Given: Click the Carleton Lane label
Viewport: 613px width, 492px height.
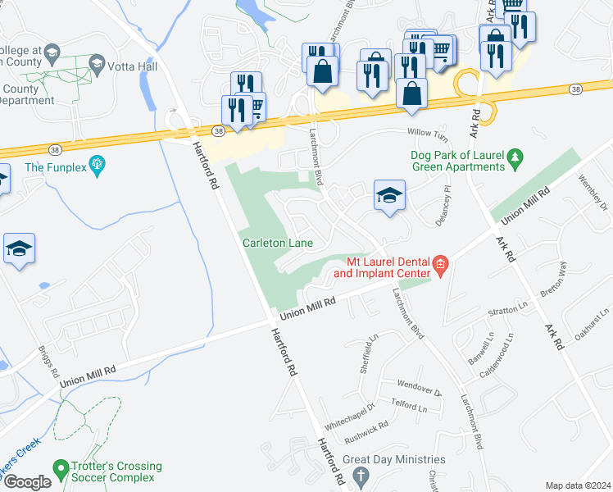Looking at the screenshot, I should tap(278, 243).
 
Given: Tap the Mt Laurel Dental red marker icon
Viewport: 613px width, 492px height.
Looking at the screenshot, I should tap(440, 265).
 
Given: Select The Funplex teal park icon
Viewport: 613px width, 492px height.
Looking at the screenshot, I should tap(99, 167).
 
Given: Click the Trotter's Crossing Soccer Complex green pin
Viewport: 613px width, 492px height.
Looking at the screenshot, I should tap(60, 471).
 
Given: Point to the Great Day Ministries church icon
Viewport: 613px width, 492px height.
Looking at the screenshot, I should tap(359, 476).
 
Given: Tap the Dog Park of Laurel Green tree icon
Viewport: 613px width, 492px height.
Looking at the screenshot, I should tap(515, 156).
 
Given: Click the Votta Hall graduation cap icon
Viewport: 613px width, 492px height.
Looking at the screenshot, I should tap(97, 63).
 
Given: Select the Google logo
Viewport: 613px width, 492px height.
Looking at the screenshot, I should tap(27, 482).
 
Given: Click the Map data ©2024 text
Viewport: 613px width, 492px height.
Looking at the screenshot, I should tap(578, 485).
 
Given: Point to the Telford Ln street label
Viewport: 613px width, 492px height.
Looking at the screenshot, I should tap(410, 407).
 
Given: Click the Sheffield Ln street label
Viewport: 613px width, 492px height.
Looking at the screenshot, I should tap(370, 353).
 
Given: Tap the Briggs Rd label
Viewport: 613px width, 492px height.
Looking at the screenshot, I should tap(48, 361).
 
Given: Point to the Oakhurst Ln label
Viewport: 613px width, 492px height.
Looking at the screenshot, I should tap(592, 317).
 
